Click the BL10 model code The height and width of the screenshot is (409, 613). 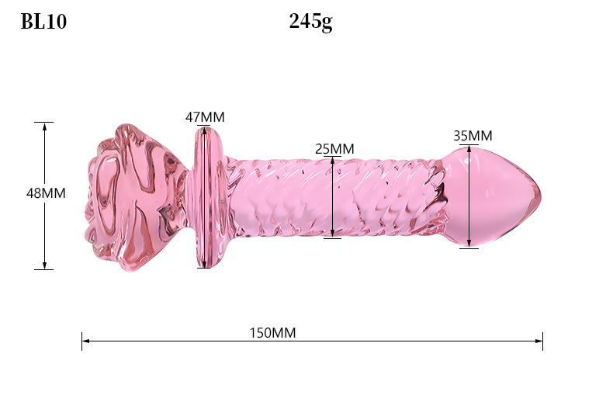click(x=43, y=22)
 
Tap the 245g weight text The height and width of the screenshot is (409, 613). click(x=311, y=22)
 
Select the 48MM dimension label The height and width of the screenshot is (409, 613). click(x=46, y=193)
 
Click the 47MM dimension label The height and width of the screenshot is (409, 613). click(x=205, y=117)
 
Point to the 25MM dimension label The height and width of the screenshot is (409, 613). click(x=334, y=149)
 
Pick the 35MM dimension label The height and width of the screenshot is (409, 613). click(x=473, y=136)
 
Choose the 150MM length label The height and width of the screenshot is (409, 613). click(x=272, y=333)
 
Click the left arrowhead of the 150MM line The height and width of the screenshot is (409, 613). click(x=85, y=341)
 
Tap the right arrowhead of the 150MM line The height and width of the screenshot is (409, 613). click(x=539, y=341)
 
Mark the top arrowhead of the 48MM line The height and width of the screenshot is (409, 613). click(x=44, y=127)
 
